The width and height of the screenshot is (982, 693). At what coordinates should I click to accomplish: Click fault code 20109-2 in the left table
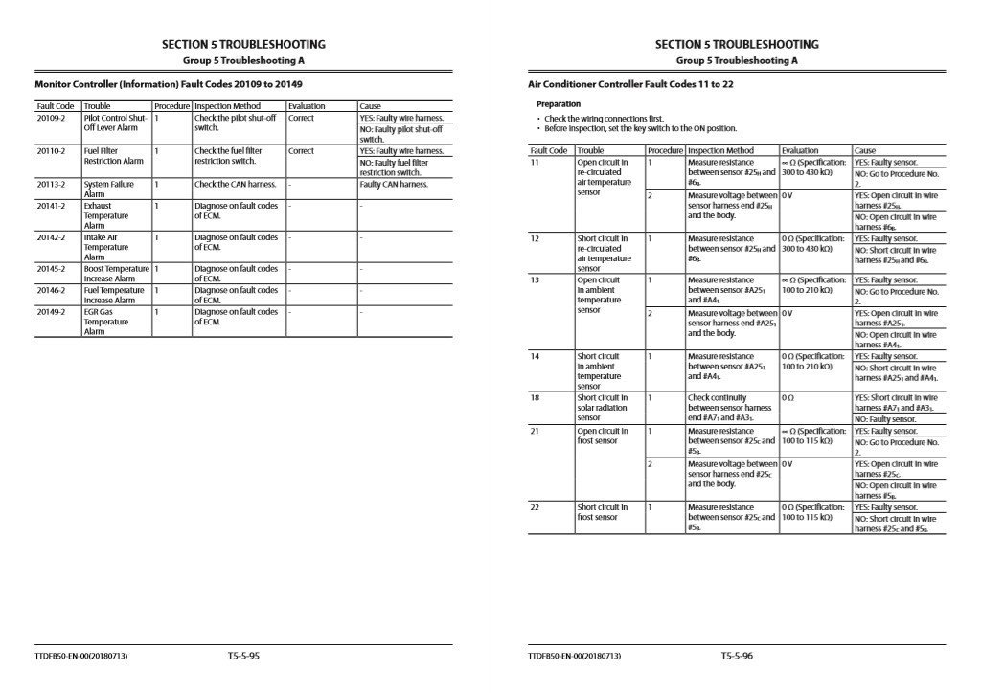tap(51, 118)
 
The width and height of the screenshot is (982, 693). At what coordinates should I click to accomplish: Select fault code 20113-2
tap(51, 184)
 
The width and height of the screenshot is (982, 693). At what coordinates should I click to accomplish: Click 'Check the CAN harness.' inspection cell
tap(235, 184)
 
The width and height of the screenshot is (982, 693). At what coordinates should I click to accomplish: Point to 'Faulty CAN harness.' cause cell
tap(394, 184)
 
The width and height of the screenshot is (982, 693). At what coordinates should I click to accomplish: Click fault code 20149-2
tap(51, 311)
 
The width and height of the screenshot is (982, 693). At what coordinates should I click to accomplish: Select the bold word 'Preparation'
tap(559, 103)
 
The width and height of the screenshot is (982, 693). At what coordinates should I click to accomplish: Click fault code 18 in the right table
tap(536, 397)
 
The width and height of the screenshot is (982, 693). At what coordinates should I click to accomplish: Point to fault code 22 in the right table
tap(536, 507)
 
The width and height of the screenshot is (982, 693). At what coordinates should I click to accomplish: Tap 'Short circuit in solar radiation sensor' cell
tap(604, 408)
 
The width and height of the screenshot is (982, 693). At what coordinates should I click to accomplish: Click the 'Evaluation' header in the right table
tap(800, 150)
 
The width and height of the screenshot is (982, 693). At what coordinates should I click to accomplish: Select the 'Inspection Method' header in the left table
tap(227, 106)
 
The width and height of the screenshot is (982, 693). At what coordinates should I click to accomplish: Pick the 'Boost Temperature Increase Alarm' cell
tap(116, 274)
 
